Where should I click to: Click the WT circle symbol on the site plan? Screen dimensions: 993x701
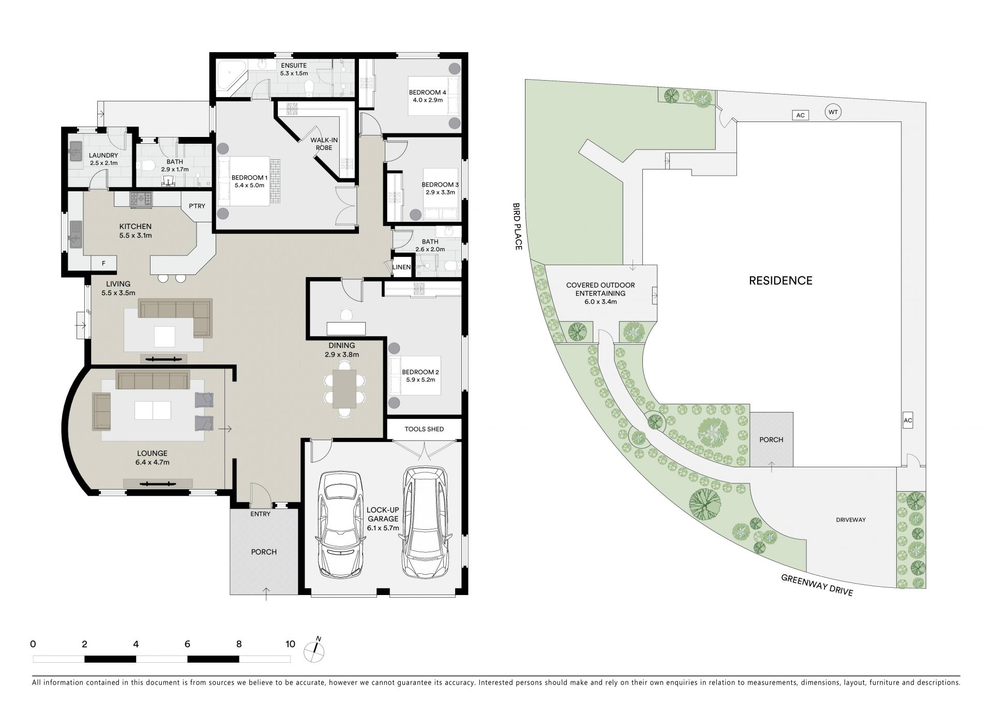coord(833,112)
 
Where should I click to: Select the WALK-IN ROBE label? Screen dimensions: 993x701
coord(321,144)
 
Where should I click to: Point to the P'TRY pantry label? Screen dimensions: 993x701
coord(197,206)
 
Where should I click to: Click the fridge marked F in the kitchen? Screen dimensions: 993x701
coord(103,264)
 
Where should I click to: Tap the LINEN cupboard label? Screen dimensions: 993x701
coord(401,267)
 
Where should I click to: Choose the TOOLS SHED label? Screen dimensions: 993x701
coord(424,429)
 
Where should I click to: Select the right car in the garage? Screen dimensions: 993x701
coord(426,523)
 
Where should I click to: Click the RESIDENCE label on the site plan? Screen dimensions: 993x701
coord(781,281)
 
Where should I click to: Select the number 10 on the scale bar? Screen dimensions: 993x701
coord(291,644)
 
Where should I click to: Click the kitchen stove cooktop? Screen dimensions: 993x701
coord(141,200)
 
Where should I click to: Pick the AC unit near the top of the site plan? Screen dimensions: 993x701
coord(800,115)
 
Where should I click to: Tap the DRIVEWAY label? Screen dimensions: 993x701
coord(851,520)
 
